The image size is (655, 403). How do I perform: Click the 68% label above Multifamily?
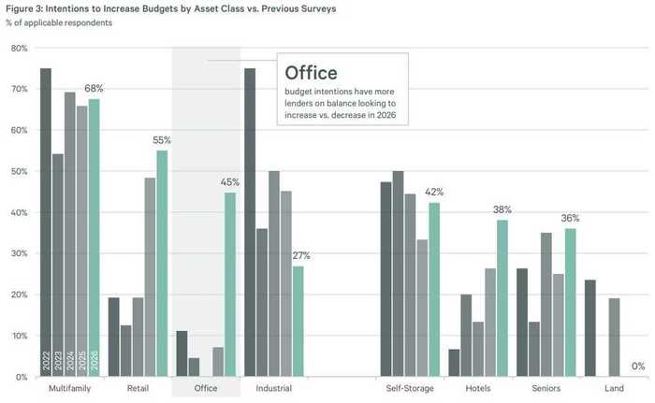[x=94, y=88]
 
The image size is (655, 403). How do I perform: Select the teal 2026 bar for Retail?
[x=162, y=263]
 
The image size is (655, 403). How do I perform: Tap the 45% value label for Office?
[x=230, y=181]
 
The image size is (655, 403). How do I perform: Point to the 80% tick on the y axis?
[x=21, y=48]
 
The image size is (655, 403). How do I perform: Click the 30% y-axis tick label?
[x=21, y=253]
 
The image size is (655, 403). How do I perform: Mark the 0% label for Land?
[x=638, y=367]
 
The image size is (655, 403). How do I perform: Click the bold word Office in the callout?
[x=311, y=72]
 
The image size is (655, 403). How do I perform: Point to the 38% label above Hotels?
[x=503, y=210]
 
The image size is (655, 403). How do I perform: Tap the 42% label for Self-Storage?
[x=434, y=192]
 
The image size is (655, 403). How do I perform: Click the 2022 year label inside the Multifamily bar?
[x=46, y=363]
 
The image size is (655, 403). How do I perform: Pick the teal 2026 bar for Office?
[x=230, y=284]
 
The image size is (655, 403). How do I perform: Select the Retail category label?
[x=138, y=388]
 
